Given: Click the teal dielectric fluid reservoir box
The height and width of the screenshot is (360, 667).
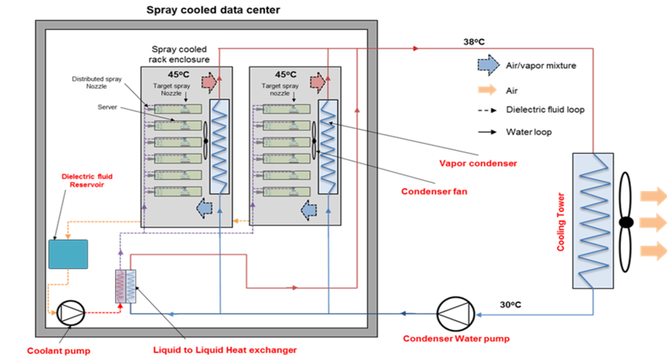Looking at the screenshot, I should [68, 254].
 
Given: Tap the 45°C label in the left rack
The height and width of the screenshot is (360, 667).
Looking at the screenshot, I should [177, 74].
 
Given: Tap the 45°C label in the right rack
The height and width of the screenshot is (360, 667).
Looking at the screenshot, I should [285, 74].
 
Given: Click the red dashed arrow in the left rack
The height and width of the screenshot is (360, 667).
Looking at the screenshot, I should [209, 81].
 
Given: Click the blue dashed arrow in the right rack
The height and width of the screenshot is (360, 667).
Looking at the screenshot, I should [309, 210].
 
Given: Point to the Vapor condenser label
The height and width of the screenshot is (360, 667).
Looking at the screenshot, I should [477, 163].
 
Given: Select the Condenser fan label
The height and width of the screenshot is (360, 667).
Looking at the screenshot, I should [434, 192].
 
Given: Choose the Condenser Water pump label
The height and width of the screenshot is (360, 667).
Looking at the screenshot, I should [456, 339].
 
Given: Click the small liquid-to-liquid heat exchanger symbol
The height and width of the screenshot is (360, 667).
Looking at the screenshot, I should [126, 287].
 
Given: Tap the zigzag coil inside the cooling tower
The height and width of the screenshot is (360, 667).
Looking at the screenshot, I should [592, 220].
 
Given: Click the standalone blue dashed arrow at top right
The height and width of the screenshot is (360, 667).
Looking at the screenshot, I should [488, 65].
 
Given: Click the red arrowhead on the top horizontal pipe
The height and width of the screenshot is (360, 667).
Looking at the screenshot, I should [416, 49].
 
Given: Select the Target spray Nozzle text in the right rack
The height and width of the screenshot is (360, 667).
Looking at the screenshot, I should [280, 89].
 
